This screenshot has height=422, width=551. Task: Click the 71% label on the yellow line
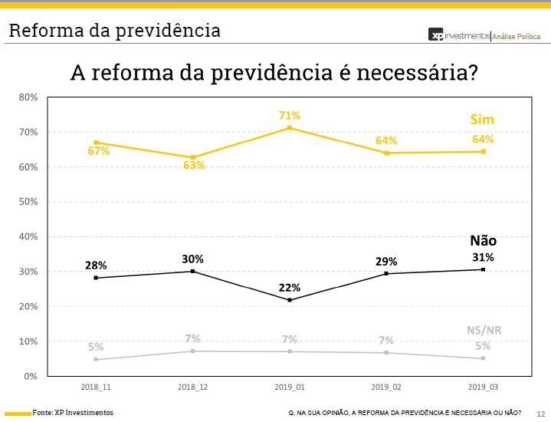point(290,115)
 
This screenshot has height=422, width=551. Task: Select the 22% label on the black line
point(290,288)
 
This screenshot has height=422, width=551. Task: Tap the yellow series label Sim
point(482,119)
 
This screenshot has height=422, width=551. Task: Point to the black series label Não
point(483,240)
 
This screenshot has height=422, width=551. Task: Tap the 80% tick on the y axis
point(28,97)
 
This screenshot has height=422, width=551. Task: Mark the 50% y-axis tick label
point(28,202)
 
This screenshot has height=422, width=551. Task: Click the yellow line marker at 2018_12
point(193,157)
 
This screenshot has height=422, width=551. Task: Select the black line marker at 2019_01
point(290,300)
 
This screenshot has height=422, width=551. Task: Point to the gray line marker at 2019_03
point(484,358)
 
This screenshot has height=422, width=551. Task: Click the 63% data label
point(194,165)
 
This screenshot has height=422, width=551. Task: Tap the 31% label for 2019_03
point(483,257)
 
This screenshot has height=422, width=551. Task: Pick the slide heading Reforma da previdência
point(114,31)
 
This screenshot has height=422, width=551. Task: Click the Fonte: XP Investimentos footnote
point(73,413)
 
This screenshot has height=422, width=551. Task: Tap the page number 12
point(540,414)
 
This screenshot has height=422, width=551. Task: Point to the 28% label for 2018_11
point(96,265)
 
